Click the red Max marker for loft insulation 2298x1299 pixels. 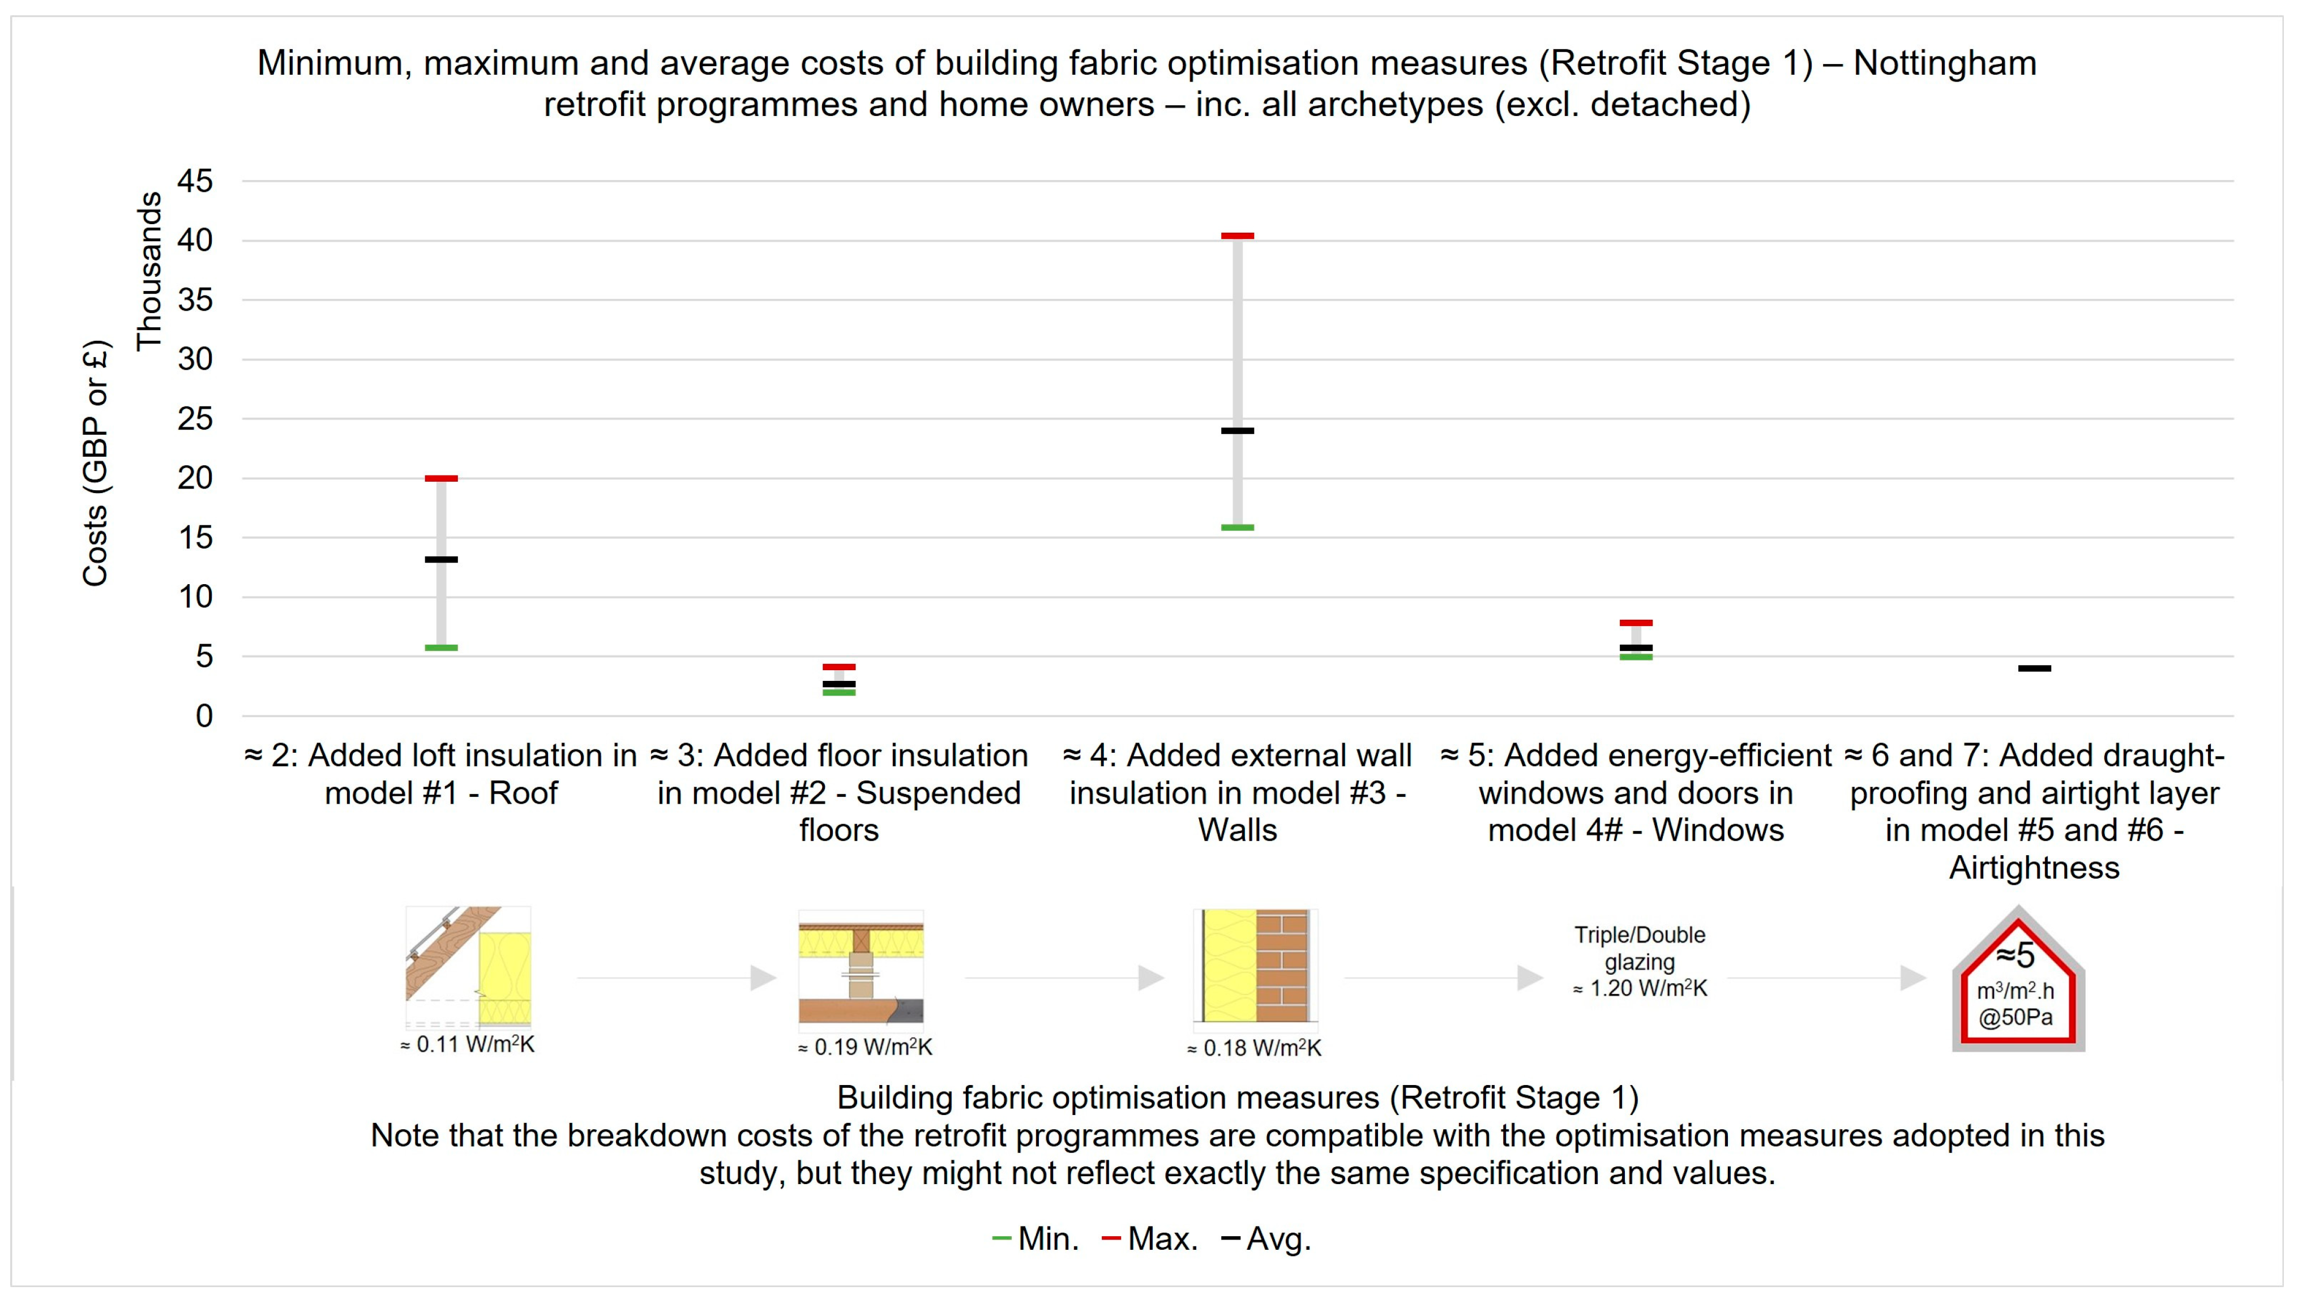point(440,479)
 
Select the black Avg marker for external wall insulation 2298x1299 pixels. point(1237,431)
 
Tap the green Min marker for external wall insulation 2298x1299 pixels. point(1237,528)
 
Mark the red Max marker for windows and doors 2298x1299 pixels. point(1636,623)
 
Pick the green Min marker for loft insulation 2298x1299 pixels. point(440,648)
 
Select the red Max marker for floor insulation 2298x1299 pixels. point(838,666)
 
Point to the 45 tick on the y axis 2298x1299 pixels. point(195,181)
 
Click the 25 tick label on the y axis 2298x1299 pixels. point(195,418)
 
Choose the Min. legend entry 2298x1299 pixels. point(1037,1238)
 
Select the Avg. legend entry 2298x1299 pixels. point(1266,1238)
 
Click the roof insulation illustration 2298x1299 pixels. point(468,967)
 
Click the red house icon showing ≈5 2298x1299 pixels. point(2018,981)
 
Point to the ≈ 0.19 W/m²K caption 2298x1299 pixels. point(865,1048)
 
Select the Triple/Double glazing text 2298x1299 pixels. point(1640,949)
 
